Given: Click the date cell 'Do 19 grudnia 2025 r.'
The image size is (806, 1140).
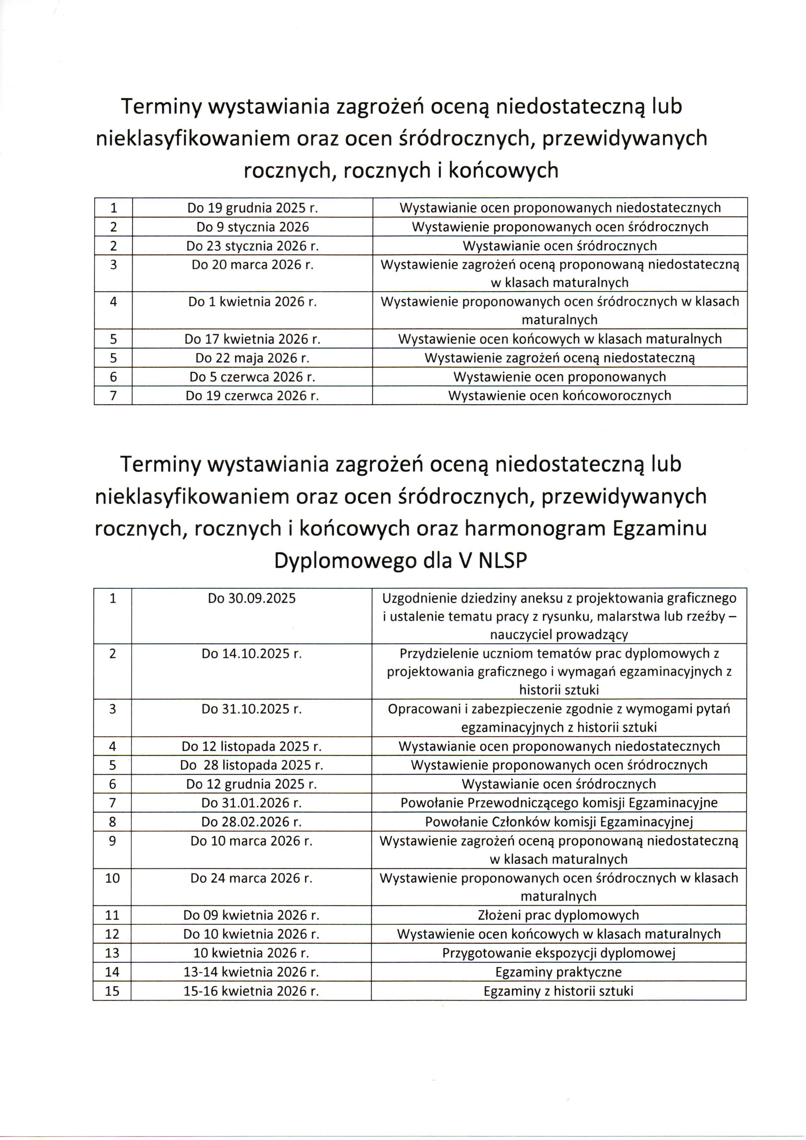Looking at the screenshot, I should (252, 207).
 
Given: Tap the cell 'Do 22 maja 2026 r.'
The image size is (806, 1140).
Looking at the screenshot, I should (252, 358).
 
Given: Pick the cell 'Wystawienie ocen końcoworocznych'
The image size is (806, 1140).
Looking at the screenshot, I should (559, 395).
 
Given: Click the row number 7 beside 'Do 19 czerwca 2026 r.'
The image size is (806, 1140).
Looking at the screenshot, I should (113, 395).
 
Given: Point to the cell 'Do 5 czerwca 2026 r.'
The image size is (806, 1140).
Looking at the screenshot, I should (252, 377).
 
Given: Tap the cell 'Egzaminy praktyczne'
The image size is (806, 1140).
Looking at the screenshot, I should (558, 972).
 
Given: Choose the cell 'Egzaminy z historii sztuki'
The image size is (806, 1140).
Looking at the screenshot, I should (558, 991).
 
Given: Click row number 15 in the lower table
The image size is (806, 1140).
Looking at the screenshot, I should (112, 991).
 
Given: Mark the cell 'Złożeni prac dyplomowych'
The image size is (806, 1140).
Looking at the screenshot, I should (558, 915).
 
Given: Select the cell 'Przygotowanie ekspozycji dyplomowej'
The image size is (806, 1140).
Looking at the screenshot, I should (558, 953).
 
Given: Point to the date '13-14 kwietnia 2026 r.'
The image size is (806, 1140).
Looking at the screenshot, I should (251, 972).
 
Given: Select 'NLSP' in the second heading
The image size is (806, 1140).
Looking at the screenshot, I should (502, 561).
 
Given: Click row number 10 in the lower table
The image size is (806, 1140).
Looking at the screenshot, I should (112, 878).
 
